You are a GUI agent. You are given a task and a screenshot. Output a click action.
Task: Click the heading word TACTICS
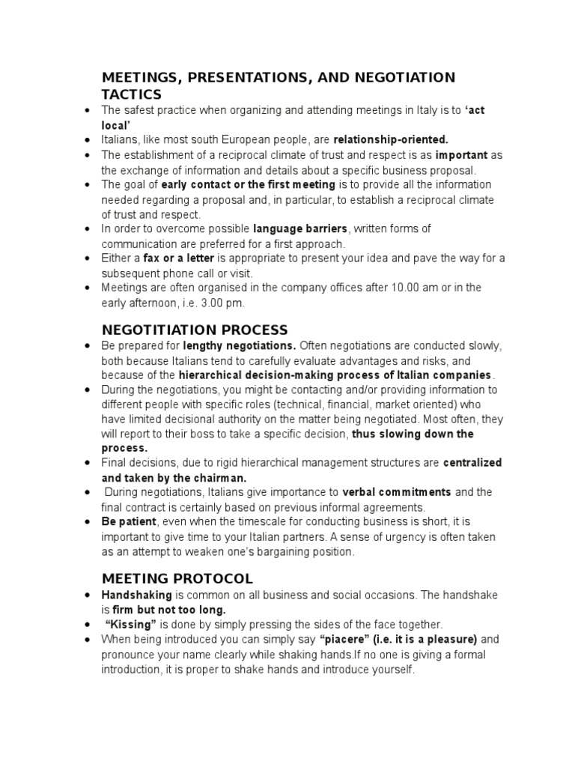[x=131, y=94]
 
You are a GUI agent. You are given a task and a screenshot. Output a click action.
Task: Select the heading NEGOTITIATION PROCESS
[x=195, y=330]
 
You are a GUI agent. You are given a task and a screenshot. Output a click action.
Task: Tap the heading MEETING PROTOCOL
[x=177, y=578]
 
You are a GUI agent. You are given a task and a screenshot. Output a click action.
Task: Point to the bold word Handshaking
[x=137, y=595]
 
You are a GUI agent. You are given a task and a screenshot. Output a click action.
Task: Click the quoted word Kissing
[x=131, y=624]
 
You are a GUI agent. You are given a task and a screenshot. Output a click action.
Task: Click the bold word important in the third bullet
[x=462, y=155]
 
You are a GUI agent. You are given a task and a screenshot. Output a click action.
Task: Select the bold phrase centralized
[x=472, y=463]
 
